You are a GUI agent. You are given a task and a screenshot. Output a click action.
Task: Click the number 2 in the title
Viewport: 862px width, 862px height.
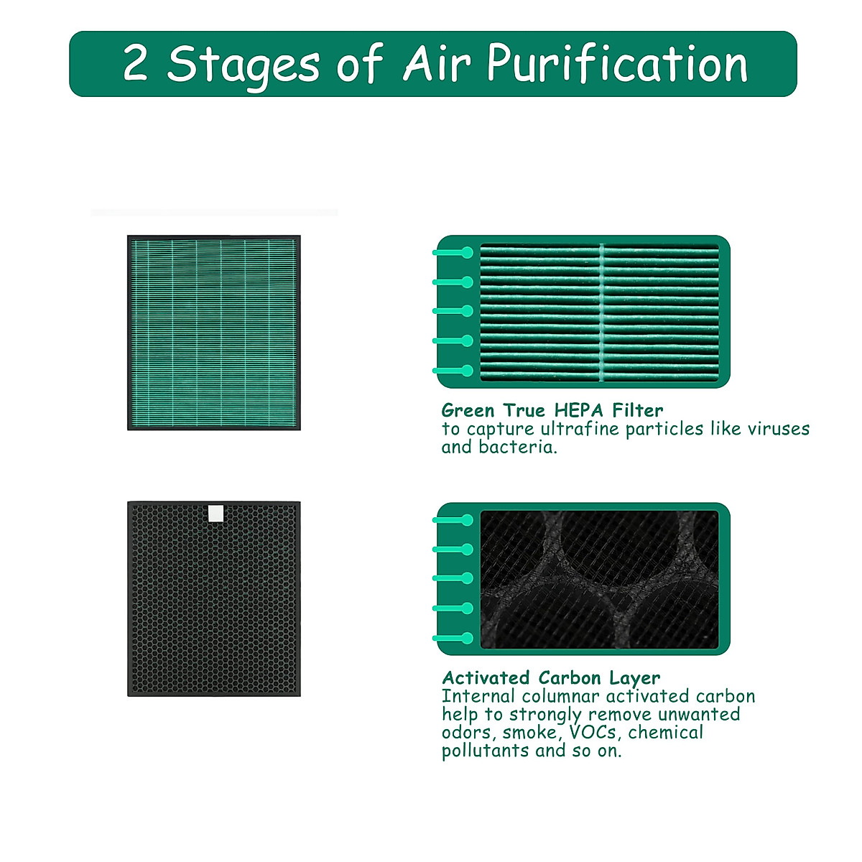pos(135,64)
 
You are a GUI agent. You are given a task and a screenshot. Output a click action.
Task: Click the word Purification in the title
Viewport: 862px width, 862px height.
pos(618,65)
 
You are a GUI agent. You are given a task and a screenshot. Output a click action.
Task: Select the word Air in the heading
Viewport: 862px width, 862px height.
pos(437,63)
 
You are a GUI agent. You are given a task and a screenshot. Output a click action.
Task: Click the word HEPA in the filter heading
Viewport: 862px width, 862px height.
pos(580,410)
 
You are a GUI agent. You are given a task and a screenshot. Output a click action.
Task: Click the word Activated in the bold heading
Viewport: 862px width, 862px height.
pos(486,677)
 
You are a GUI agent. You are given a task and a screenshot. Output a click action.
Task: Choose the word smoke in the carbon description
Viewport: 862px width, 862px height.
pos(530,733)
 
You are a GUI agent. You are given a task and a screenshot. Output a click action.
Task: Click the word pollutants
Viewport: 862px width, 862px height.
pos(485,751)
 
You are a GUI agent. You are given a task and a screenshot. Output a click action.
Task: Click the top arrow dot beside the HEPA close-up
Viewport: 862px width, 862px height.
pos(468,253)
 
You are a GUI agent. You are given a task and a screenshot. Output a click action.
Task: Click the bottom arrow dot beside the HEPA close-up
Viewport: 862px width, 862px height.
pos(468,371)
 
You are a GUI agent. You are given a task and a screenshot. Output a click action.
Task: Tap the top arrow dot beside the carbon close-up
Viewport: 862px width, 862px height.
pos(468,520)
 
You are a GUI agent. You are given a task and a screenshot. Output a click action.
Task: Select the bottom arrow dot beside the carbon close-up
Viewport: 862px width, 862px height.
pos(468,638)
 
